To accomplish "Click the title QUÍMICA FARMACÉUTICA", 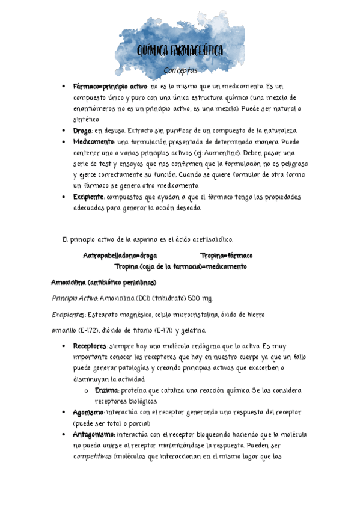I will (180, 51).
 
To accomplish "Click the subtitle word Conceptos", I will (180, 70).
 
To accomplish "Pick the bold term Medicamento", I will (93, 141).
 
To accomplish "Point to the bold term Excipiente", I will (89, 197).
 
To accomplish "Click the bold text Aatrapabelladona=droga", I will (120, 255).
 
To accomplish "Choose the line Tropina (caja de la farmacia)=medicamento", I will (180, 266).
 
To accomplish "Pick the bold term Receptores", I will (90, 346).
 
